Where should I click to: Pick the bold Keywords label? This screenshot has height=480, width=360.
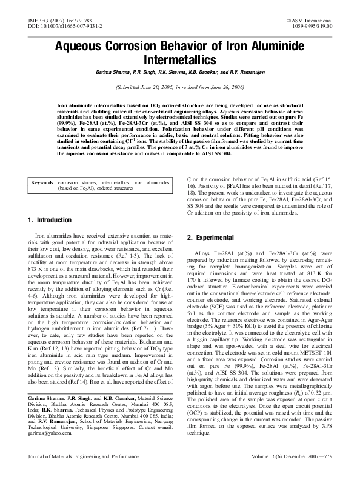pyautogui.click(x=42, y=165)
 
